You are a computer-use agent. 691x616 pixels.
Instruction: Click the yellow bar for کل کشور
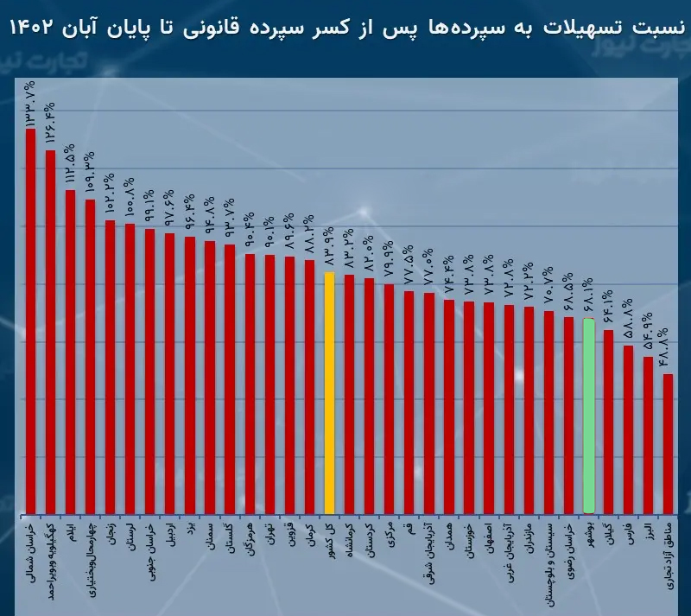(329, 393)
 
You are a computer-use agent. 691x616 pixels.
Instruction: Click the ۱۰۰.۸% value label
(130, 201)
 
